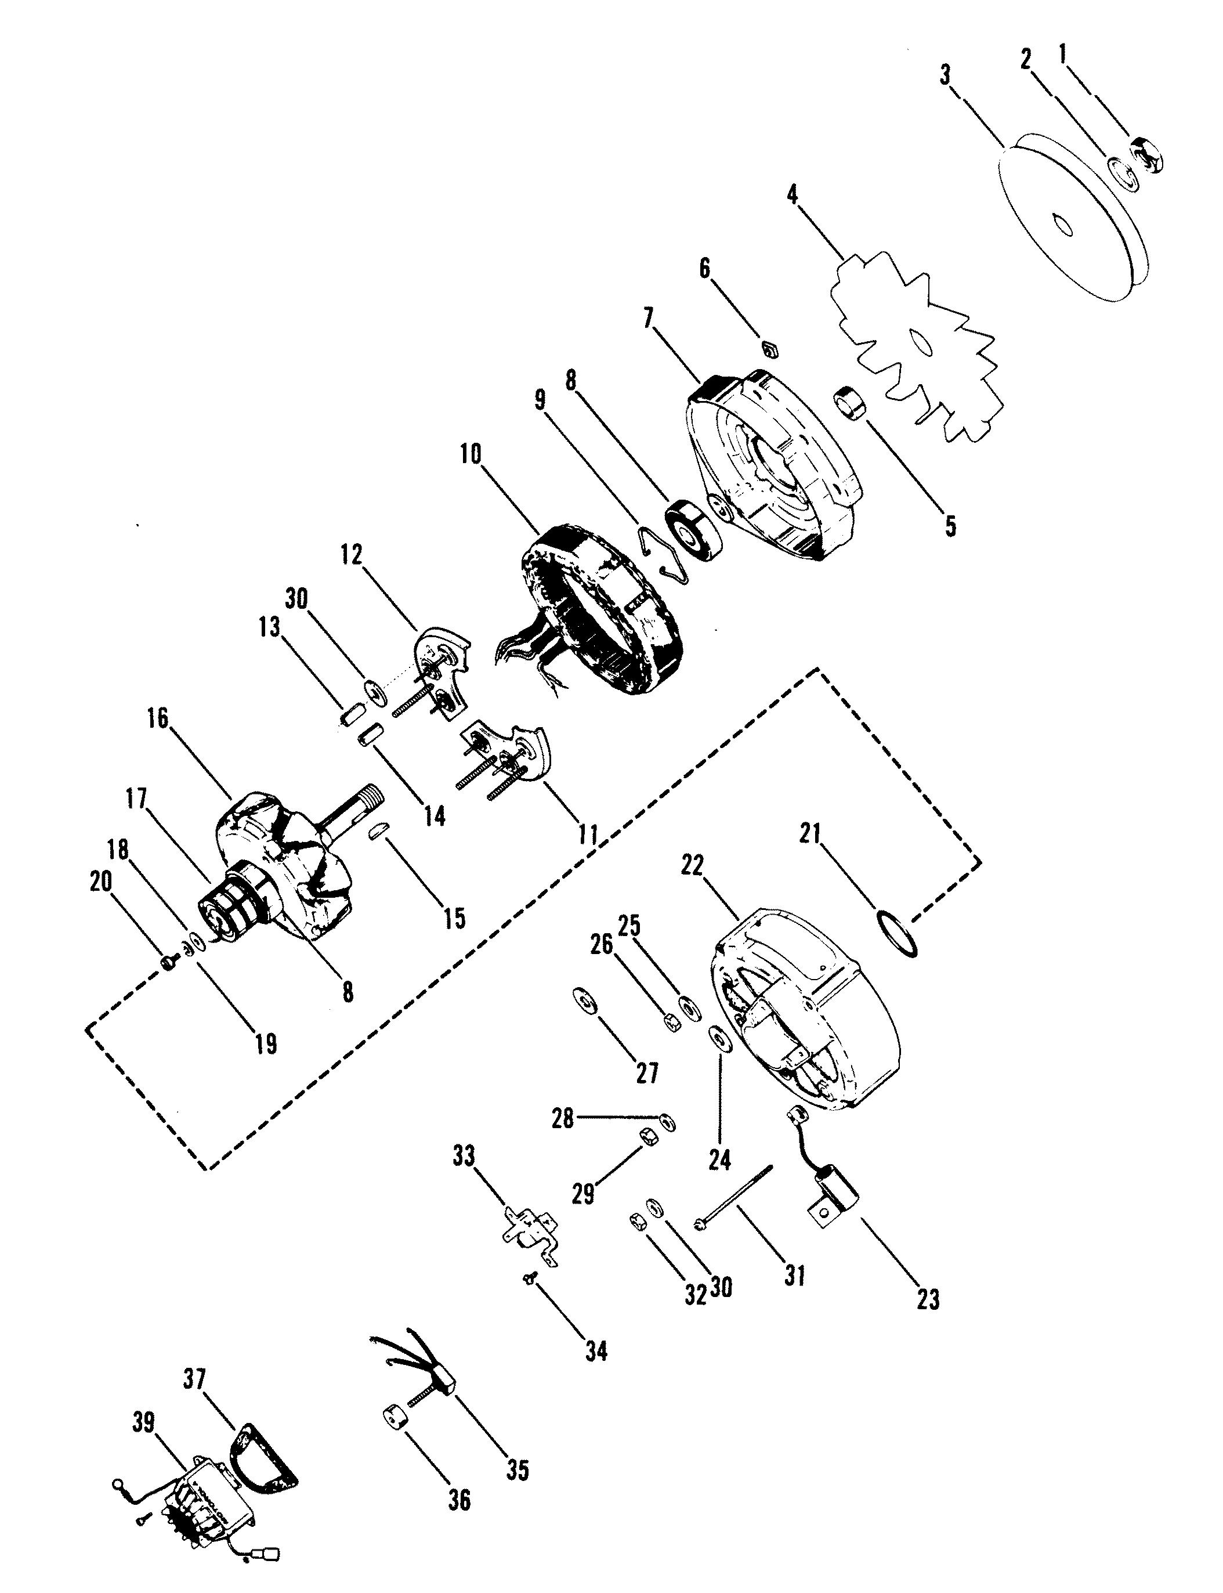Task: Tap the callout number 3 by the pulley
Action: pos(945,75)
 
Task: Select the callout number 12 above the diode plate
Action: pos(351,555)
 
